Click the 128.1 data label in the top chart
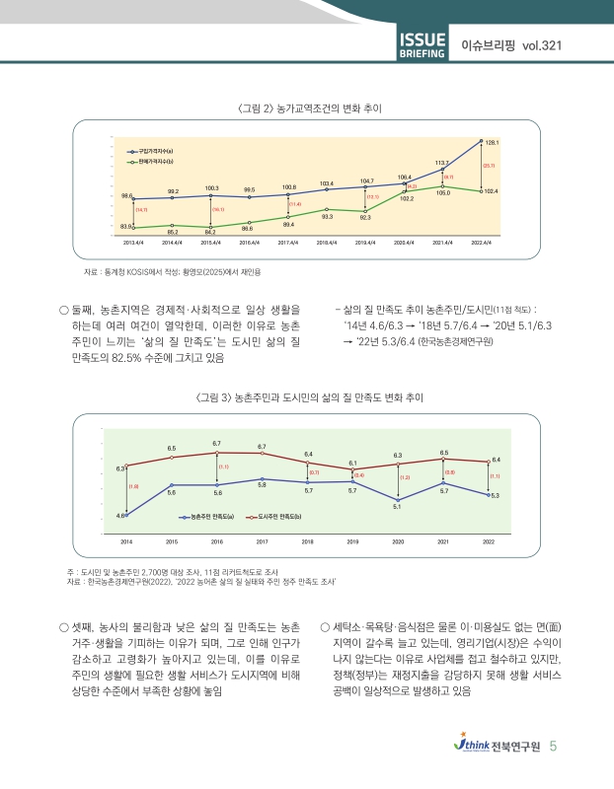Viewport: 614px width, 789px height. (x=492, y=143)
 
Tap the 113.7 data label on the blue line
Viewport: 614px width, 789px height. (x=442, y=161)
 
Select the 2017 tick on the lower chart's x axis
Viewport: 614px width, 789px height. (x=263, y=541)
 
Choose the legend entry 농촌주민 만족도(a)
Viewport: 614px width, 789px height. (x=211, y=516)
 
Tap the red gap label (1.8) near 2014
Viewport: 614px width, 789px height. (x=132, y=486)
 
